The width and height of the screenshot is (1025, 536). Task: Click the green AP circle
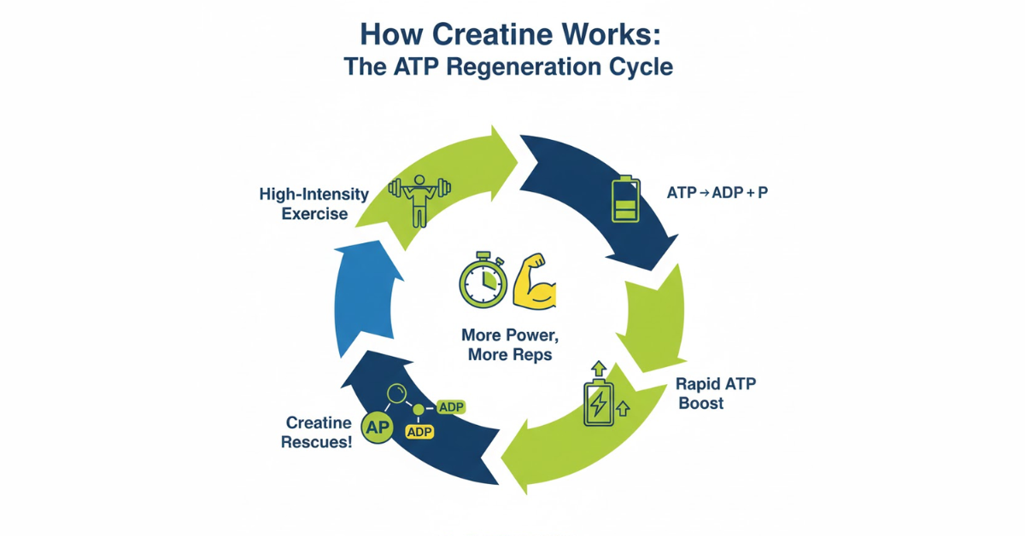pyautogui.click(x=378, y=429)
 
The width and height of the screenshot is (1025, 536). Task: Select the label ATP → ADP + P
pyautogui.click(x=717, y=193)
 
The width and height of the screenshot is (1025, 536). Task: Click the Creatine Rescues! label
pyautogui.click(x=319, y=432)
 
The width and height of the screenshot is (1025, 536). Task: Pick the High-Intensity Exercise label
pyautogui.click(x=314, y=204)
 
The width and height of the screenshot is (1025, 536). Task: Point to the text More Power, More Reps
pyautogui.click(x=509, y=344)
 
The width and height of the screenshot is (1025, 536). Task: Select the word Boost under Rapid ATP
pyautogui.click(x=700, y=403)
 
